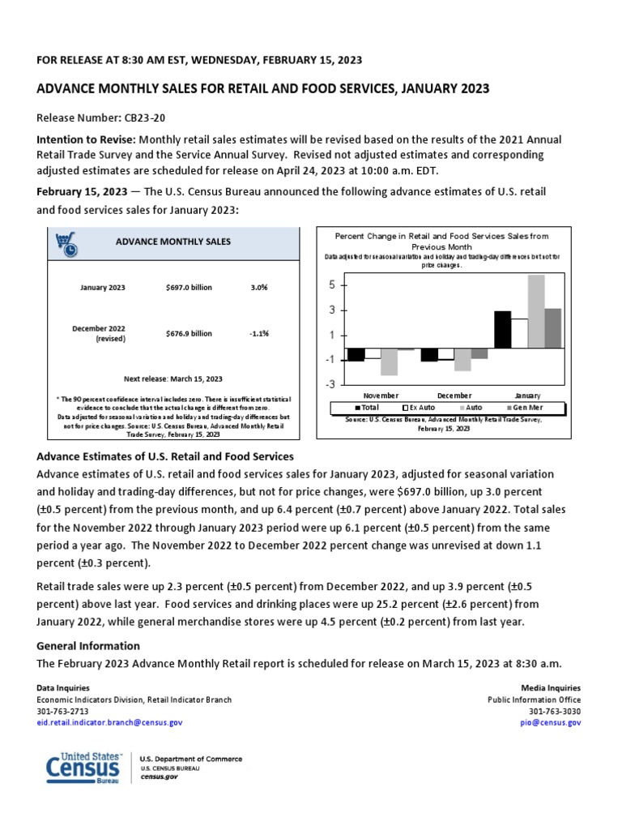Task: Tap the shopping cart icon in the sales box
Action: coord(66,242)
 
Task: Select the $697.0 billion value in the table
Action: coord(188,287)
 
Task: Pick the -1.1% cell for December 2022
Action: coord(259,333)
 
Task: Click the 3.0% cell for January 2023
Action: coord(259,287)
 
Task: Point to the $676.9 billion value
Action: coord(188,333)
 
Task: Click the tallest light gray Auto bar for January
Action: coord(535,311)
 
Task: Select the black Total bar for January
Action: coord(502,329)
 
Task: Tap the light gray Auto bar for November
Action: coord(389,362)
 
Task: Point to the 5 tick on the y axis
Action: coord(332,285)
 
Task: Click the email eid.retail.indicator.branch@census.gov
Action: coord(110,722)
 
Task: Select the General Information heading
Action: coord(88,646)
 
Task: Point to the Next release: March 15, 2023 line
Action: coord(173,379)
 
